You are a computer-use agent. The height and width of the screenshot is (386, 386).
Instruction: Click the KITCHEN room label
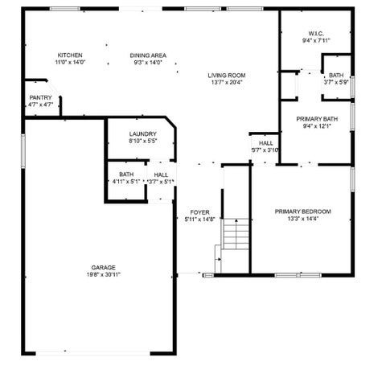70,55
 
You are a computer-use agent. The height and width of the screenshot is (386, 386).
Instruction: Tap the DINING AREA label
148,55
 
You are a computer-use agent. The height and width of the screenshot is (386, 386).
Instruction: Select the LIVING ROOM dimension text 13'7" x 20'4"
227,82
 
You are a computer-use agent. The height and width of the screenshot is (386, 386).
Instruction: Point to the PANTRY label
40,97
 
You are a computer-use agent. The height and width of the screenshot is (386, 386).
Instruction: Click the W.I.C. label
316,34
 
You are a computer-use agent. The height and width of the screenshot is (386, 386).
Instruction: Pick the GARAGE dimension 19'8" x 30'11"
104,274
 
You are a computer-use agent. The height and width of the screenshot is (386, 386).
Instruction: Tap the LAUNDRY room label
142,134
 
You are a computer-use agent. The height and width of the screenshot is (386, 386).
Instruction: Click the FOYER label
200,212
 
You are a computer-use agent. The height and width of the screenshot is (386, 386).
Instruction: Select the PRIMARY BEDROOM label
303,211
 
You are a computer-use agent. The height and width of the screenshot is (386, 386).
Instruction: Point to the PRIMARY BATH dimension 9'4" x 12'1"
317,126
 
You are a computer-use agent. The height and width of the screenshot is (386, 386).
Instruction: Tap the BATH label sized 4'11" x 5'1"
126,175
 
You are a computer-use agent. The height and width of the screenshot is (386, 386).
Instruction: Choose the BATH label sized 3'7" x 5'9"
336,76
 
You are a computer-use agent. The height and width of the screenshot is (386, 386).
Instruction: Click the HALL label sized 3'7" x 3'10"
266,143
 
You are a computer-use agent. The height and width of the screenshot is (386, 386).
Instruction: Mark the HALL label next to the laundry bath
161,175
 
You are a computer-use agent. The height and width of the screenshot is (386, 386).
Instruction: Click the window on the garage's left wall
23,151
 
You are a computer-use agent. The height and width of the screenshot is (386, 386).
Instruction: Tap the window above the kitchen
65,9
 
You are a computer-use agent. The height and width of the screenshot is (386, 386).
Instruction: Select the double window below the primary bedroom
298,275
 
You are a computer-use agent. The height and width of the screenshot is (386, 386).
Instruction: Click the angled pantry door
54,88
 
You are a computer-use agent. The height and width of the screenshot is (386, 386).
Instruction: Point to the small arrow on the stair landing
219,260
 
